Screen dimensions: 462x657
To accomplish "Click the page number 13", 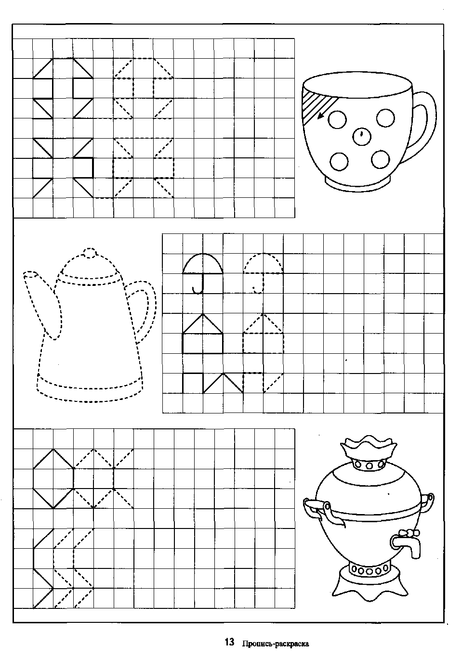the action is [x=229, y=642].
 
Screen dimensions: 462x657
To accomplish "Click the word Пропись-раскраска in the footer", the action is [x=276, y=644].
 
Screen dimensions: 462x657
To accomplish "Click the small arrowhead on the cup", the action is [x=320, y=117].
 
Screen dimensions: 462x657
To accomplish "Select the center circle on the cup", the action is [x=362, y=136].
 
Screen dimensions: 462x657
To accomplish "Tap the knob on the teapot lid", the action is [x=89, y=253].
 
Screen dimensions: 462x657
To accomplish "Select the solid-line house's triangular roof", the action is [x=202, y=324].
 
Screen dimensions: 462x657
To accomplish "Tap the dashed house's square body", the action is [x=264, y=343].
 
